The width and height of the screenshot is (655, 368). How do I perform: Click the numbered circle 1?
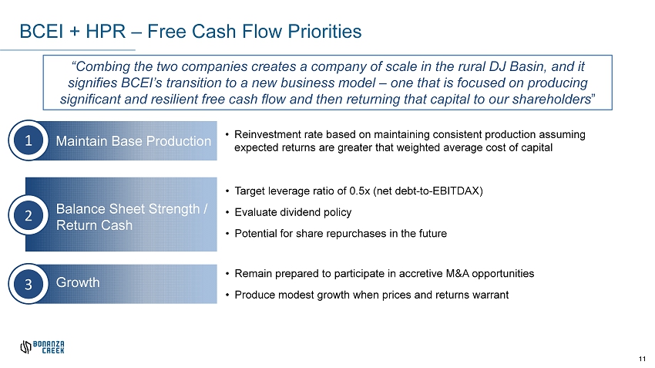[29, 140]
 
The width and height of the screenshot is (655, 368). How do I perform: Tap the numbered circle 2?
[29, 215]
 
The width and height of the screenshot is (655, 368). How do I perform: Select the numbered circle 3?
[29, 284]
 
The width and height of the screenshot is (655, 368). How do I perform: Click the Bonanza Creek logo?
[42, 347]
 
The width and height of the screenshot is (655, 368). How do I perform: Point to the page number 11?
[642, 360]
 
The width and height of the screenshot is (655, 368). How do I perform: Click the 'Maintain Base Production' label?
[133, 141]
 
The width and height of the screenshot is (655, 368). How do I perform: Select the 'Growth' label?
[78, 282]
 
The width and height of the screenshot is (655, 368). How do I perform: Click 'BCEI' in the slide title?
[42, 32]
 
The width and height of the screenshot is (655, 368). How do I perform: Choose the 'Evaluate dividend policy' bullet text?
[293, 212]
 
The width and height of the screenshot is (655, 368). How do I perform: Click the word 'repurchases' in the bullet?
[356, 233]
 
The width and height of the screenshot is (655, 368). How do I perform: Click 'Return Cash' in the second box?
[94, 225]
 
